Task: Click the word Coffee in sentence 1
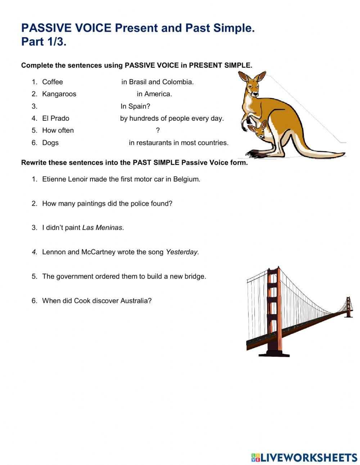click(52, 82)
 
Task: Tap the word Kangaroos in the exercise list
click(59, 94)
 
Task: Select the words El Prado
click(55, 118)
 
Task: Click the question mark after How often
click(158, 130)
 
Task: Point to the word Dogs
click(50, 143)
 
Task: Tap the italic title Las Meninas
click(103, 228)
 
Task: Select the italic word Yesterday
click(182, 252)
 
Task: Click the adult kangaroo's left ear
click(244, 77)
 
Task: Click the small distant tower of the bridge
click(348, 307)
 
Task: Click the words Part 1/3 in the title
click(44, 42)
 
